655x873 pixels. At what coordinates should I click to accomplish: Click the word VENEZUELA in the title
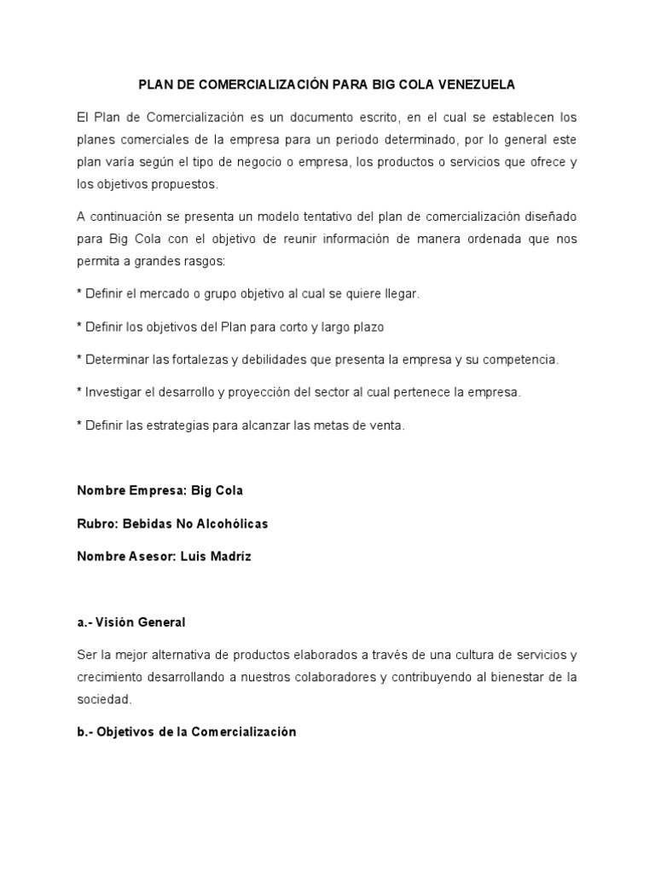tap(478, 85)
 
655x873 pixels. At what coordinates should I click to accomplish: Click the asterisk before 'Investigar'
tap(79, 392)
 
